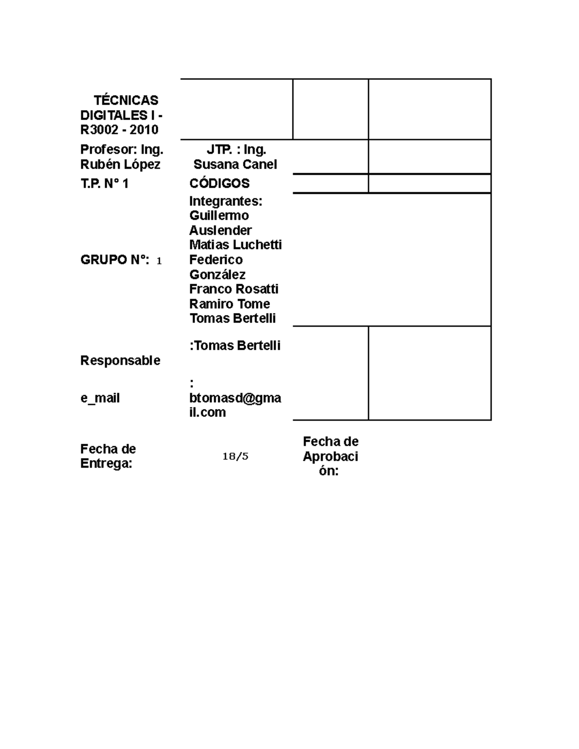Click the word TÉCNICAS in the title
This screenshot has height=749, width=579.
tap(126, 100)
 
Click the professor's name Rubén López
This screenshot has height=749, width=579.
tap(120, 164)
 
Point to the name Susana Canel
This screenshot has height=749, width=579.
tap(235, 164)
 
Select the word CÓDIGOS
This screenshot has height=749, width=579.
tap(220, 183)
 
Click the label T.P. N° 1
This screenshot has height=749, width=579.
tap(104, 184)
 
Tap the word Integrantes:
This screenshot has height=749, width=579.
tap(226, 201)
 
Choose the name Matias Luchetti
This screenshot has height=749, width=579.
tap(235, 245)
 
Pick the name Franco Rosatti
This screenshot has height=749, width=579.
tap(234, 289)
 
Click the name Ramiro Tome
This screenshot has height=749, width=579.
tap(230, 304)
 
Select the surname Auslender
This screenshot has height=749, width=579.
tap(221, 230)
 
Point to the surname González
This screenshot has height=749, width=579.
tap(217, 274)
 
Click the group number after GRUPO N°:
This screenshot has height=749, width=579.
tap(159, 261)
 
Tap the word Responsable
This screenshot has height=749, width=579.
tap(120, 361)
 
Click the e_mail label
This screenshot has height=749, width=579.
tap(100, 398)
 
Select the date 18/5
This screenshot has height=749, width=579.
tap(235, 456)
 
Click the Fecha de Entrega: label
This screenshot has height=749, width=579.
tap(108, 456)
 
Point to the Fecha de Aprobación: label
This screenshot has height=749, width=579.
tap(331, 456)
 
